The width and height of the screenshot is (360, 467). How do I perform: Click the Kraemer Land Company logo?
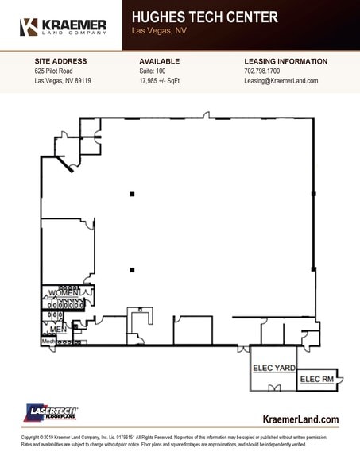tap(62, 26)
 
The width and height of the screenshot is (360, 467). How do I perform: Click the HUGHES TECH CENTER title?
tap(204, 17)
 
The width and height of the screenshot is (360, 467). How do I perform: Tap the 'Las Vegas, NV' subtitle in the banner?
tap(159, 31)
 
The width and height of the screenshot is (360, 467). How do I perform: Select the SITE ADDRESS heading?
tap(60, 61)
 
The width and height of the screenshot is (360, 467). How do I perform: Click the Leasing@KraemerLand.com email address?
tap(281, 81)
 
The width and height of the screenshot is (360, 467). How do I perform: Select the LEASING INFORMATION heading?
tap(285, 61)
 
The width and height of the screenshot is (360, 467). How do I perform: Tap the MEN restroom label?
tap(57, 328)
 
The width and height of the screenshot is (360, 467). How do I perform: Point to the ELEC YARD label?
tap(274, 368)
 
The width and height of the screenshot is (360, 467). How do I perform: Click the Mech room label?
tap(48, 342)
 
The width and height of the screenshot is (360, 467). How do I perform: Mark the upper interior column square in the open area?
tap(132, 193)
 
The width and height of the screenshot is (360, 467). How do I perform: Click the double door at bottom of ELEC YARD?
tap(274, 388)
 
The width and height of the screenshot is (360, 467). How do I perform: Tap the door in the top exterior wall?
tap(207, 116)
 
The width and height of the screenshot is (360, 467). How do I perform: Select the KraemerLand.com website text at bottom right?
tap(300, 419)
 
